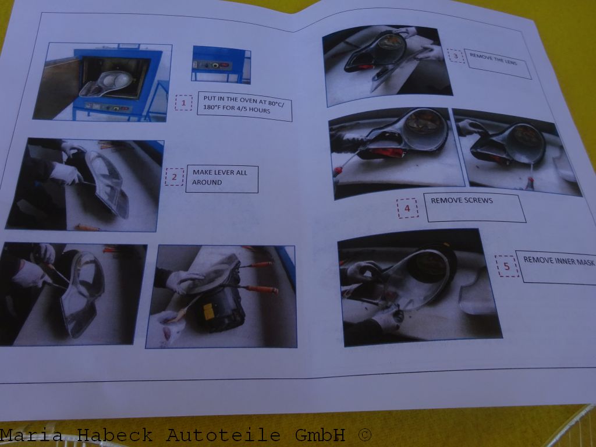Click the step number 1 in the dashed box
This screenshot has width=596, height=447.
183,103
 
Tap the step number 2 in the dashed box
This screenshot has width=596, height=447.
173,176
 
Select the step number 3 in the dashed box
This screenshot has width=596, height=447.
456,56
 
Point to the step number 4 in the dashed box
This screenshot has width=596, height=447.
407,208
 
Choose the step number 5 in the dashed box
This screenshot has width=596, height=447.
506,266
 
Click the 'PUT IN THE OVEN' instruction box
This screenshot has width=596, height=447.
244,106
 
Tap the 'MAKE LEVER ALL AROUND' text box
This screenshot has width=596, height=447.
221,179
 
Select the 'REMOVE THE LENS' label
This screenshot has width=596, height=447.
498,63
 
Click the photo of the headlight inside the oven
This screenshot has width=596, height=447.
102,81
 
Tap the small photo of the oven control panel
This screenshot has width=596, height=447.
221,65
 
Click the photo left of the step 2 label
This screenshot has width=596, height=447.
85,185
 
